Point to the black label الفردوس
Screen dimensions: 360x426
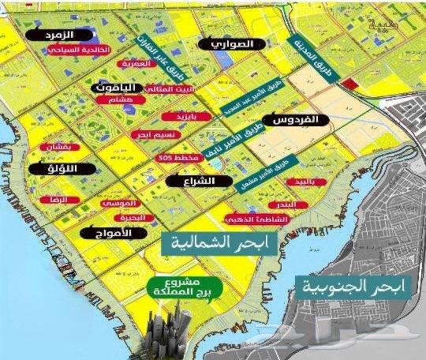(x=301, y=121)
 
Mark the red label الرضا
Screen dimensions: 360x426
(x=60, y=201)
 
